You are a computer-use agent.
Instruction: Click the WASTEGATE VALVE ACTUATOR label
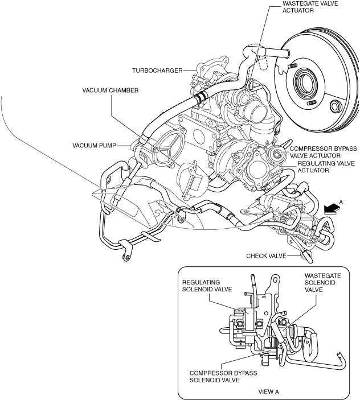[x=310, y=7]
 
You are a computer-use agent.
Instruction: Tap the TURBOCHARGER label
[x=157, y=71]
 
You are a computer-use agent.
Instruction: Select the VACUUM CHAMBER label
[x=111, y=90]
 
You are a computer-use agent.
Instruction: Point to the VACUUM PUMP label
[x=94, y=146]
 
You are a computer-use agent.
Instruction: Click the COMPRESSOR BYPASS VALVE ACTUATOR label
[x=323, y=152]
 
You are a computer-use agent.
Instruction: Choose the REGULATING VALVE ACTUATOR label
[x=326, y=167]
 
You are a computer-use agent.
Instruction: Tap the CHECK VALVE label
[x=267, y=255]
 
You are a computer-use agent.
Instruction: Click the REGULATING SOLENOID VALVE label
[x=207, y=286]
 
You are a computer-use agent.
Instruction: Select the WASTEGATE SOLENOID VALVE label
[x=323, y=283]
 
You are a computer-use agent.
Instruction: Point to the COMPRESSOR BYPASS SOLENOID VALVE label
[x=223, y=377]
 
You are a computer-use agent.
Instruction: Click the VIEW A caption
[x=269, y=391]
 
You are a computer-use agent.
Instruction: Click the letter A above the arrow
[x=341, y=203]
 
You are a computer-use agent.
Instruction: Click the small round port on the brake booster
[x=336, y=106]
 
